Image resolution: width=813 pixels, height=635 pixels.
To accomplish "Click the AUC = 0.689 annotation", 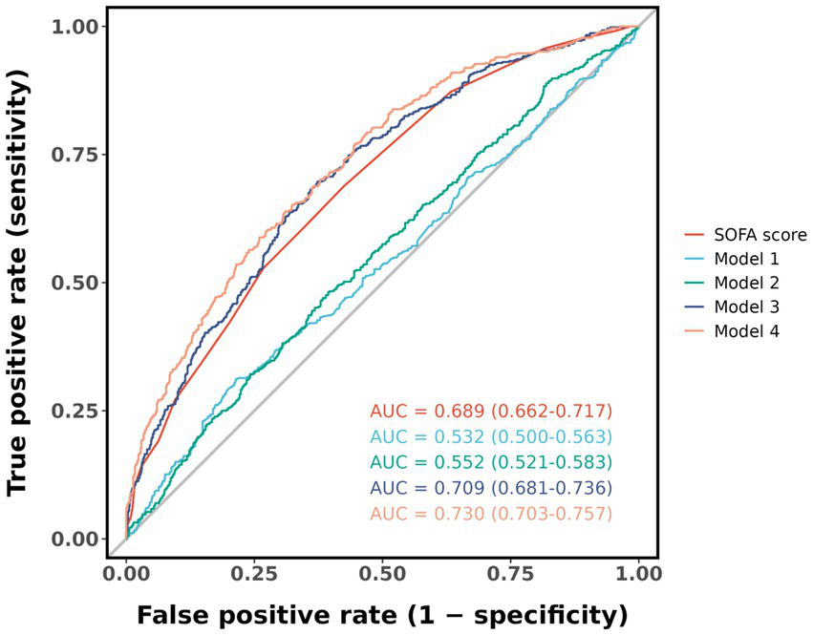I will click(x=490, y=411).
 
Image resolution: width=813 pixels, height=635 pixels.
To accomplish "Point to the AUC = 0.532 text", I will click(x=490, y=436).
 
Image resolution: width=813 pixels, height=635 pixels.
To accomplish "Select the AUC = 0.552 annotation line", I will click(x=490, y=462).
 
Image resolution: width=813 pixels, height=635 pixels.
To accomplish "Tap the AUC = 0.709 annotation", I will click(x=490, y=488).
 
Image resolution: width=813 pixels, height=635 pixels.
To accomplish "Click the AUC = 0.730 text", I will click(x=490, y=514).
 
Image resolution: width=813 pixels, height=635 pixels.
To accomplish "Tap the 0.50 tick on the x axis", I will click(x=382, y=576).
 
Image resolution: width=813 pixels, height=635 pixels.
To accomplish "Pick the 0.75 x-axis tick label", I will click(x=510, y=576).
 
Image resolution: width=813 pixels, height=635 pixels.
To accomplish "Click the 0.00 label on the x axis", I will click(x=126, y=576).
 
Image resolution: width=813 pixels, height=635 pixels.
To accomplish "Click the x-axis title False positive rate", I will click(x=381, y=612).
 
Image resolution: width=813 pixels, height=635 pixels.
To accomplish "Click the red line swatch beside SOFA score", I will click(x=696, y=234).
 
